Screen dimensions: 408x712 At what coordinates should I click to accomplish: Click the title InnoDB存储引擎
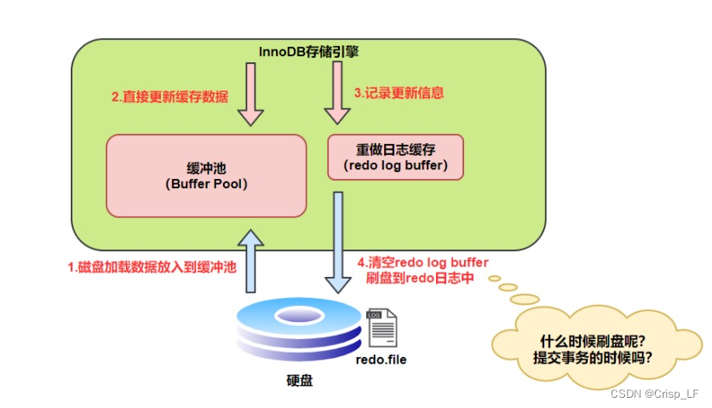[x=309, y=52]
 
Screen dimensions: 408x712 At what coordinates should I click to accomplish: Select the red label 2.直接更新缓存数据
[x=169, y=97]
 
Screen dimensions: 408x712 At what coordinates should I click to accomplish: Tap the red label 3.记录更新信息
[x=399, y=92]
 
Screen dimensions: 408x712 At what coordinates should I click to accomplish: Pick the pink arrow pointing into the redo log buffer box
[x=337, y=97]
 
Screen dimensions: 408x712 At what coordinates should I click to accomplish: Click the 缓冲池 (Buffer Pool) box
[x=205, y=175]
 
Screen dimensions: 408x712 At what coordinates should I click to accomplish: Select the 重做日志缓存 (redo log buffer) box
[x=395, y=157]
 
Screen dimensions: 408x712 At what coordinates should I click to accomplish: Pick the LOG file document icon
[x=380, y=328]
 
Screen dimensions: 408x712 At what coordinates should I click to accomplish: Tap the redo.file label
[x=381, y=359]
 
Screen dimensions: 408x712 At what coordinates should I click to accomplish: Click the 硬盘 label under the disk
[x=300, y=381]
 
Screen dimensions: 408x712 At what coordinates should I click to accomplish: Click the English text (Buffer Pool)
[x=205, y=184]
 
